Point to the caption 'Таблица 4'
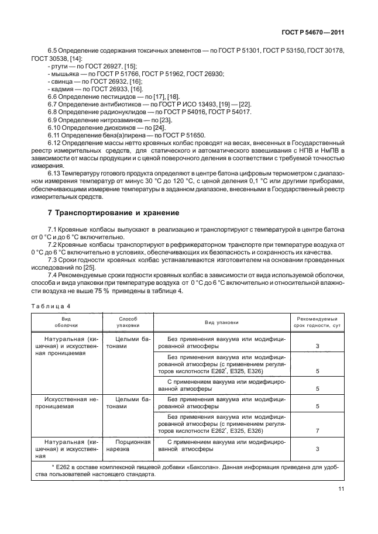click(49, 305)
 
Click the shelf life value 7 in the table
click(317, 430)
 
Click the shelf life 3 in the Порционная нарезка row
click(317, 449)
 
